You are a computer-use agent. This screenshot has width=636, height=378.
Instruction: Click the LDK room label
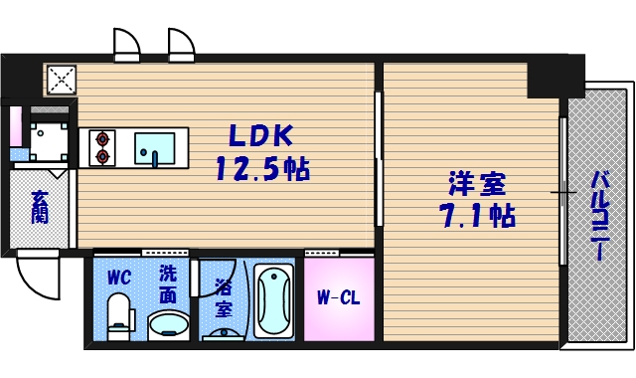pyautogui.click(x=262, y=135)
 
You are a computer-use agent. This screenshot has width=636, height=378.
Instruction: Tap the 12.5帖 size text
pyautogui.click(x=262, y=169)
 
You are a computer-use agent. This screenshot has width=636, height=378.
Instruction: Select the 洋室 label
pyautogui.click(x=477, y=184)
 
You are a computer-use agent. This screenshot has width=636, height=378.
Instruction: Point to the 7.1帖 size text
pyautogui.click(x=477, y=215)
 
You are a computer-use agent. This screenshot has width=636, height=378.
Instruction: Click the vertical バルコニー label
pyautogui.click(x=600, y=215)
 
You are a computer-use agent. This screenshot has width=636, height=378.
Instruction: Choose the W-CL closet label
pyautogui.click(x=338, y=296)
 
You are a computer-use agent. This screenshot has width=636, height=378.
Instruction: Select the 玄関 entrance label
pyautogui.click(x=40, y=208)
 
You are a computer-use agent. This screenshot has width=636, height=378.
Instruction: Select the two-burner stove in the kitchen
pyautogui.click(x=101, y=147)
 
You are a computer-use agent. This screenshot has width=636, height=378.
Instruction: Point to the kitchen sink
pyautogui.click(x=154, y=148)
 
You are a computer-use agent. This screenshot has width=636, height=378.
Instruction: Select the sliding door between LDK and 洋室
pyautogui.click(x=379, y=159)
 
